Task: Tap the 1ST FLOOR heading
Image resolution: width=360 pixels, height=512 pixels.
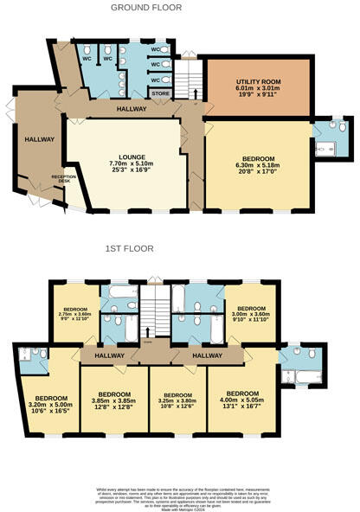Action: [130, 248]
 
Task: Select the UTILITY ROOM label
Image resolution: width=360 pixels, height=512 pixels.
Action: [255, 80]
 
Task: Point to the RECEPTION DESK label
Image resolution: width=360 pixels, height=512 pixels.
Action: [64, 179]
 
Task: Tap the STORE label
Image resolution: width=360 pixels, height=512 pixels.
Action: [160, 93]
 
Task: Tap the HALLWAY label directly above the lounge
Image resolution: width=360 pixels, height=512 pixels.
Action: [132, 110]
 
